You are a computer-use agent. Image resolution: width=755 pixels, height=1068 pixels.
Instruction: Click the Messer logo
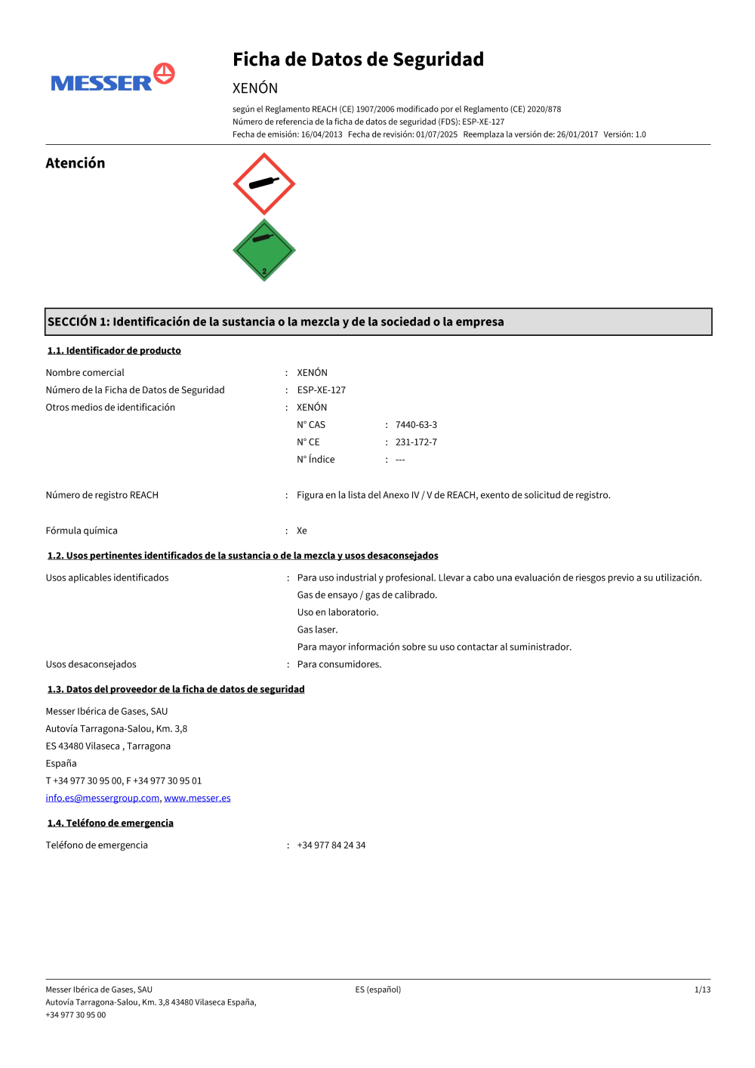(x=112, y=78)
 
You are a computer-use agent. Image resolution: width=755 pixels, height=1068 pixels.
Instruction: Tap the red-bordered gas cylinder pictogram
(x=263, y=183)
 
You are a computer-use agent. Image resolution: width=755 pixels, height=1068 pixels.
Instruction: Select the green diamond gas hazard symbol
(x=263, y=251)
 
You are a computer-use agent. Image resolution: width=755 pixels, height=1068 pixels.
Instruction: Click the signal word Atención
(x=75, y=163)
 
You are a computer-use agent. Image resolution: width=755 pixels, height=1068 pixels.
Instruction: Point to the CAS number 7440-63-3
(x=416, y=425)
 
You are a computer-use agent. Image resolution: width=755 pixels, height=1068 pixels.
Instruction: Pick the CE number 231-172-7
(x=416, y=442)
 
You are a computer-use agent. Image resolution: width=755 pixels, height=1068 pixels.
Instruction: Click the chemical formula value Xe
(x=302, y=531)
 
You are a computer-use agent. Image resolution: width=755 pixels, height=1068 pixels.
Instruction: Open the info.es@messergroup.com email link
(x=103, y=798)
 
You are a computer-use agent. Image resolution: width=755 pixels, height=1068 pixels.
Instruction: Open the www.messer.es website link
(x=197, y=798)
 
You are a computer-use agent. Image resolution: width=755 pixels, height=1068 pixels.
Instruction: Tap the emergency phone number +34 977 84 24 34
(x=331, y=845)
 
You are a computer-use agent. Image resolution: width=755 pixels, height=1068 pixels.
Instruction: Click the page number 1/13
(x=702, y=990)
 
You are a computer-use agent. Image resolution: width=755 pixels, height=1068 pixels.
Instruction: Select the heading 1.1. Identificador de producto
(x=114, y=350)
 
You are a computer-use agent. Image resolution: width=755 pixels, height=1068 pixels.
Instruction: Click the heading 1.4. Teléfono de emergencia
(x=110, y=823)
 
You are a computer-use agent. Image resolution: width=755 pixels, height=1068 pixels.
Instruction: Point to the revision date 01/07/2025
(x=436, y=134)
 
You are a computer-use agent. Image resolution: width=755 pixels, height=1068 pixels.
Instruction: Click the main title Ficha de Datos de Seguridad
(x=358, y=60)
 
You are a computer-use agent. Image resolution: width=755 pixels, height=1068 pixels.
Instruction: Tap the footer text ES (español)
(x=378, y=990)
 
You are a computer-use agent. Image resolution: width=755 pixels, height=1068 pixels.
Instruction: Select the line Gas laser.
(x=317, y=629)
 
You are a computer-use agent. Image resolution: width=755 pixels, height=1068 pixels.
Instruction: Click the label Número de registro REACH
(x=102, y=495)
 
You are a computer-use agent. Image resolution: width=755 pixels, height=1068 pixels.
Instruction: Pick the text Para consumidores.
(x=339, y=664)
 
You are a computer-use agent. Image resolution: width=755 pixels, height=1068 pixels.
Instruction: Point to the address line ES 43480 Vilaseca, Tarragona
(x=108, y=746)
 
